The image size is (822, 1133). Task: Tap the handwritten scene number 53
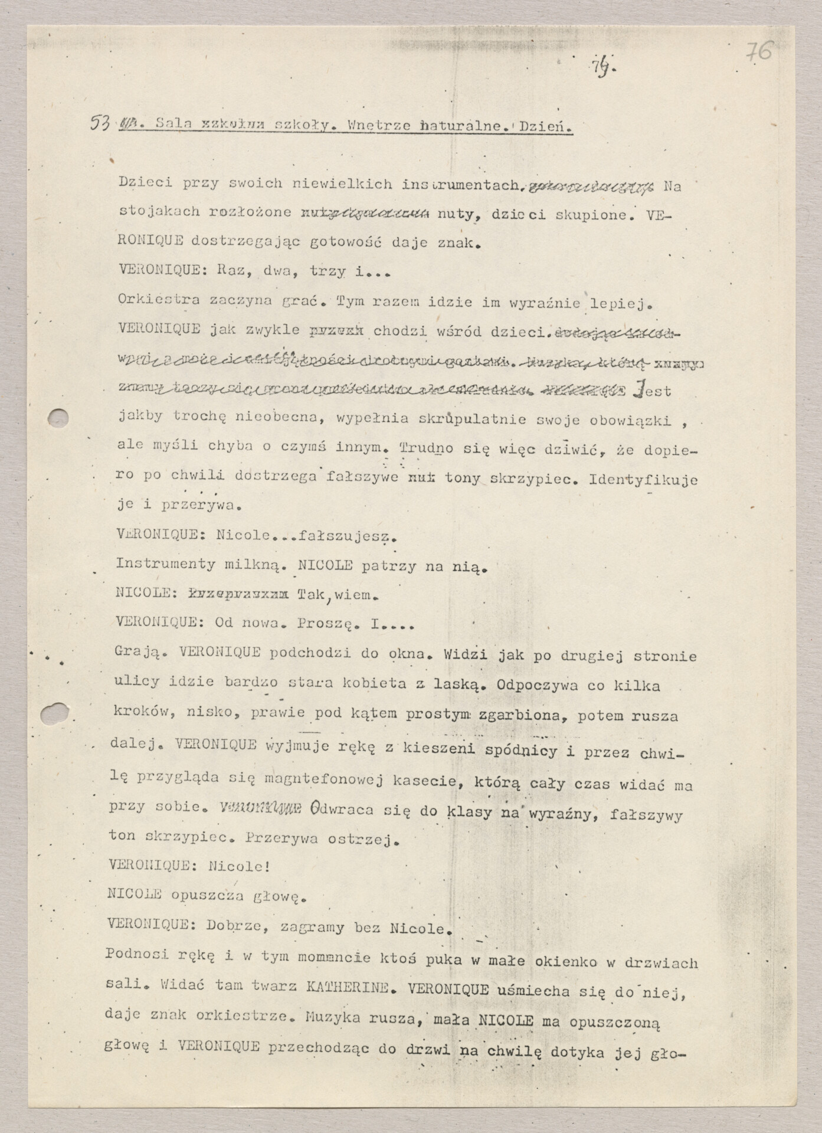tap(101, 123)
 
